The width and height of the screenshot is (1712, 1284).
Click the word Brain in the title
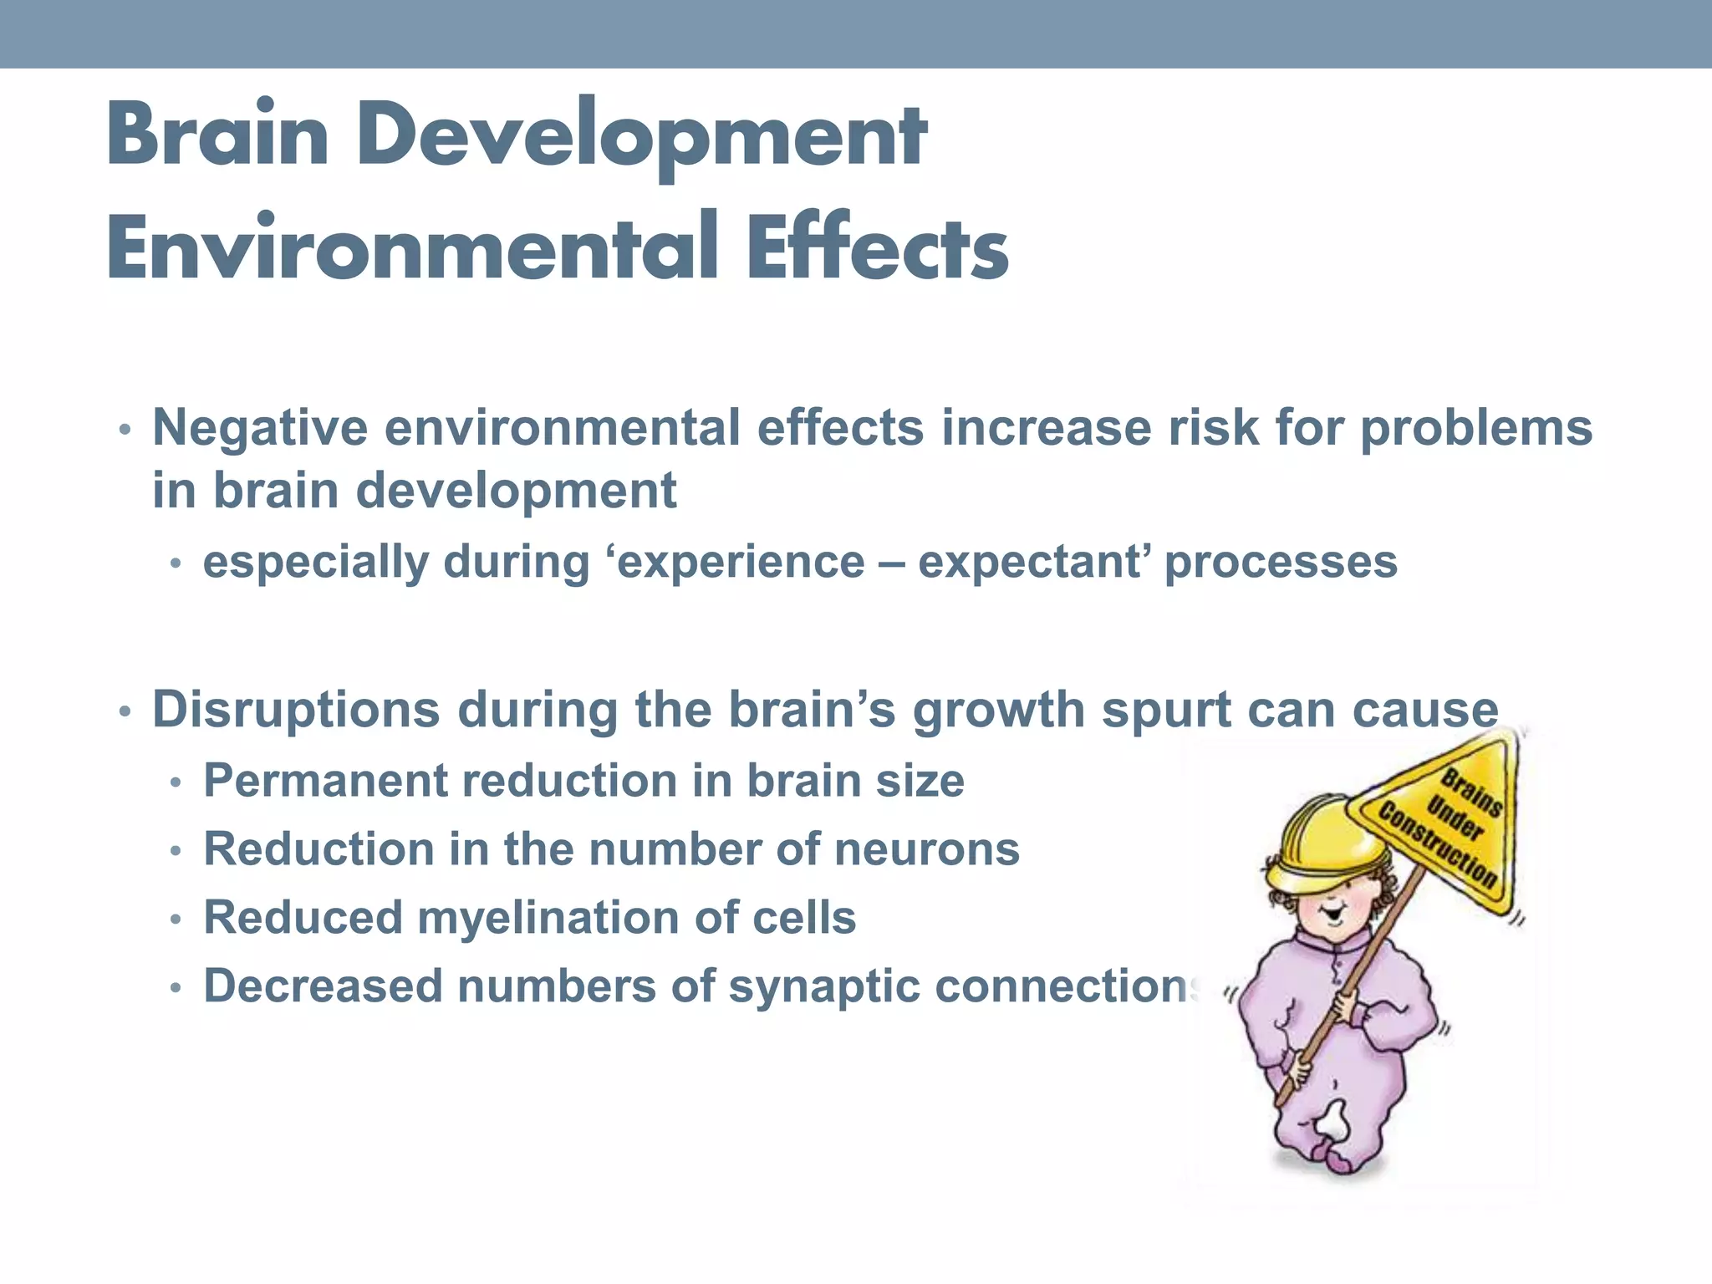217,134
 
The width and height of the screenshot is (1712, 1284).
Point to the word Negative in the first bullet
260,428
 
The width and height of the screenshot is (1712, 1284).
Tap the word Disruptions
296,710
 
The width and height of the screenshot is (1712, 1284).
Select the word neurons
927,849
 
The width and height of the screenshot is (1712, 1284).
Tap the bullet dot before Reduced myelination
175,920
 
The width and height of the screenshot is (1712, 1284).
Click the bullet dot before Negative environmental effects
124,431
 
